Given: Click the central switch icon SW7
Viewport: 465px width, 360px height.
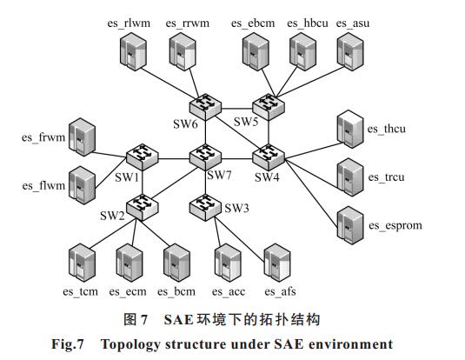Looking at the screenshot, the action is tap(205, 157).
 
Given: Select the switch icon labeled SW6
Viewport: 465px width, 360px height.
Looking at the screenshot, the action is tap(205, 107).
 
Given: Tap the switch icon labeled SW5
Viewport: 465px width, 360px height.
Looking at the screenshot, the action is tap(269, 107).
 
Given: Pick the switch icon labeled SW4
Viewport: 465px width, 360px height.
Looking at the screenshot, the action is tap(269, 157).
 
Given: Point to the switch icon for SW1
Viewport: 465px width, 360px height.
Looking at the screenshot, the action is tap(142, 157).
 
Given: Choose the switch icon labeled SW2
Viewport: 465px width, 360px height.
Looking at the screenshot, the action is tap(142, 207).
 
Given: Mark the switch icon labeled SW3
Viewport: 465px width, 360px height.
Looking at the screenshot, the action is tap(205, 207).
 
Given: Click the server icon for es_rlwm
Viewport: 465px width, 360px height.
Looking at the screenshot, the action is tap(133, 51).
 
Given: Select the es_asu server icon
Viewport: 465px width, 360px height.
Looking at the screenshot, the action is tap(350, 51).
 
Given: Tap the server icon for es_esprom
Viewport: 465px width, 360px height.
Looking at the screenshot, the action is tap(350, 225).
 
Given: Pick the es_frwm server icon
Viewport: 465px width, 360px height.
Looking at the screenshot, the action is tap(82, 137).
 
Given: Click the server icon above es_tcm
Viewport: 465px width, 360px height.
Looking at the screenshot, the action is tap(82, 263).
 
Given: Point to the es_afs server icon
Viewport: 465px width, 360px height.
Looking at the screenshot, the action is tap(277, 263).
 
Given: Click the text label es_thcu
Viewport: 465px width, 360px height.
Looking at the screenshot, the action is tap(387, 129).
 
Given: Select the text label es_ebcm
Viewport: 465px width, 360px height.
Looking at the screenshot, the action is tap(253, 23).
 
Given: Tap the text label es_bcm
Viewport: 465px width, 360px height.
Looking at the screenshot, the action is tap(176, 291).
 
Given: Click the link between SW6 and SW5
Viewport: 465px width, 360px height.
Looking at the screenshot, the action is tap(237, 109).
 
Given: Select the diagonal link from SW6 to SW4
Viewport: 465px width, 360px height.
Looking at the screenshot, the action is tap(237, 134).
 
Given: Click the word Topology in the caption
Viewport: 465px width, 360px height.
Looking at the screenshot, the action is tap(130, 344).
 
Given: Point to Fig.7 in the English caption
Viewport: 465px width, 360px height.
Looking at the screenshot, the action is tap(68, 344).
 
